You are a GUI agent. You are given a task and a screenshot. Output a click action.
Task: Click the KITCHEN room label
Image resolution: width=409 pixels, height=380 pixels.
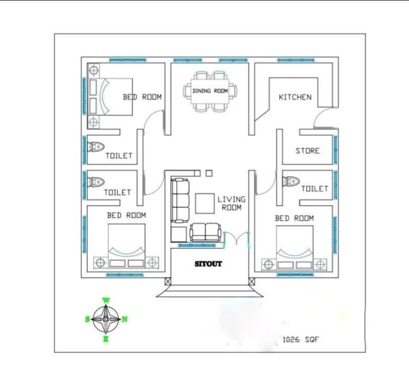[x=294, y=97]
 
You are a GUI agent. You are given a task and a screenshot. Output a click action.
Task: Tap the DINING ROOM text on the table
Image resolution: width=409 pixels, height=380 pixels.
[x=210, y=91]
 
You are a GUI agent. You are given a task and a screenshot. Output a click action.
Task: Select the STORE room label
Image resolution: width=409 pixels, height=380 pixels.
[x=307, y=151]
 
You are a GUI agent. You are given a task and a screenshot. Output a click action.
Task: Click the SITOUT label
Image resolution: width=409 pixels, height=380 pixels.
[x=209, y=264]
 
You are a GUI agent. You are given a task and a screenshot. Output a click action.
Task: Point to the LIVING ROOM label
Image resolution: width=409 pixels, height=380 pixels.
[x=231, y=203]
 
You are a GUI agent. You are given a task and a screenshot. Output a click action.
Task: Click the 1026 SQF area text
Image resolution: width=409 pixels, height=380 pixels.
[x=301, y=339]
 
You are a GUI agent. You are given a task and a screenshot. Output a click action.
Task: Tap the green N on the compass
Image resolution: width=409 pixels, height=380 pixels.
[x=125, y=319]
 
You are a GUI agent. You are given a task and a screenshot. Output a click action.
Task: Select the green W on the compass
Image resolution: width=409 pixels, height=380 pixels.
[x=106, y=300]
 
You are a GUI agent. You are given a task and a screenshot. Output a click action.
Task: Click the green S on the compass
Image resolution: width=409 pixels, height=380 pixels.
[x=87, y=319]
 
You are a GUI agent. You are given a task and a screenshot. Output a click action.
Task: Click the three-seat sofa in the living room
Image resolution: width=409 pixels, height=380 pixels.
[x=179, y=200]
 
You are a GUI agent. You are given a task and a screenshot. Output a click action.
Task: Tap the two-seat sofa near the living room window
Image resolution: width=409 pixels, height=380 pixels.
[x=206, y=232]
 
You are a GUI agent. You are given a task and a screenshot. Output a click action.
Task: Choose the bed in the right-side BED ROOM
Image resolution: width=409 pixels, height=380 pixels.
[x=294, y=245]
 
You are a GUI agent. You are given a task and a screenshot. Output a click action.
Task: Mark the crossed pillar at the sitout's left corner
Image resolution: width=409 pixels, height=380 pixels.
[x=168, y=281]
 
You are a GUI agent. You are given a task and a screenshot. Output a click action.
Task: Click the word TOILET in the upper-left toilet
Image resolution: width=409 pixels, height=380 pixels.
[x=119, y=155]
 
